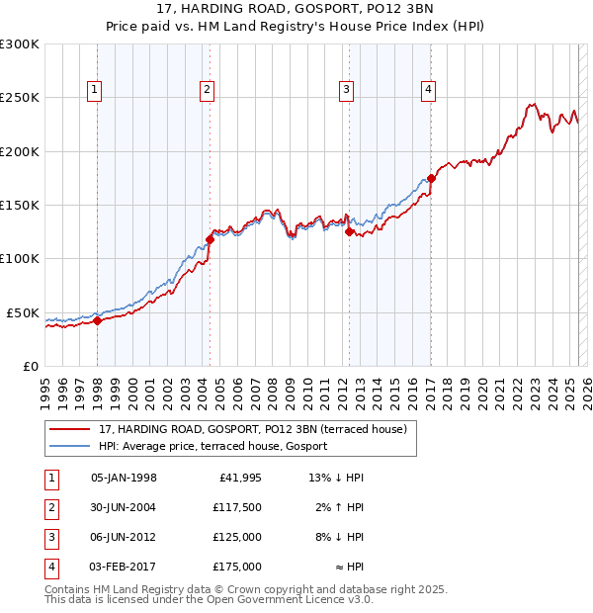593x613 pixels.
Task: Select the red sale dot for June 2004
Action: (x=210, y=239)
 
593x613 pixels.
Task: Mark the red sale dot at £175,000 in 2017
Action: (x=431, y=178)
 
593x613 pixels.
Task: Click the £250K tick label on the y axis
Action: (x=20, y=98)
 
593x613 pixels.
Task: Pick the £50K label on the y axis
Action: (x=24, y=312)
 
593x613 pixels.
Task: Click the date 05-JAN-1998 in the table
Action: (x=124, y=478)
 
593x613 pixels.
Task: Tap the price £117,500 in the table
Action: (x=236, y=507)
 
